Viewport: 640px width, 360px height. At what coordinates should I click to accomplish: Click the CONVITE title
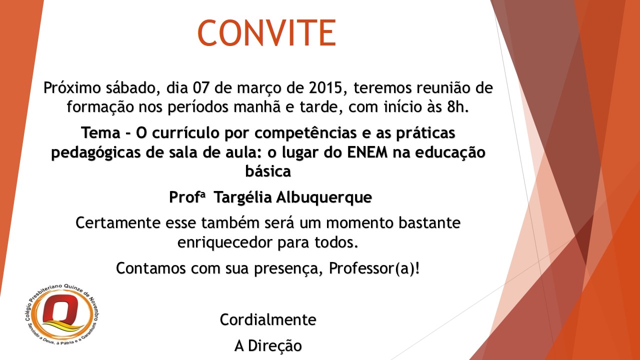coord(266,32)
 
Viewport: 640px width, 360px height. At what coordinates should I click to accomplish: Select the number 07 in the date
coord(201,87)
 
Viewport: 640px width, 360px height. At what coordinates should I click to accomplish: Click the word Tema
coord(101,133)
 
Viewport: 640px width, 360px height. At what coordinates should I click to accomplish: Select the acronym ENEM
coord(367,152)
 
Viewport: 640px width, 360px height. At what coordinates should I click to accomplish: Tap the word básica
coord(268,171)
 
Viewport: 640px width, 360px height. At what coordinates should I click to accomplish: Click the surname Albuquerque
coord(324,197)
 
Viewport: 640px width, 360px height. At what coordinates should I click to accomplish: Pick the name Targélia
coord(242,197)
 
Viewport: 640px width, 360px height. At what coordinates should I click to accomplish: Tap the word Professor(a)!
coord(374,268)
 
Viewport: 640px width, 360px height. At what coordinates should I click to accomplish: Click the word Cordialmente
coord(268,319)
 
